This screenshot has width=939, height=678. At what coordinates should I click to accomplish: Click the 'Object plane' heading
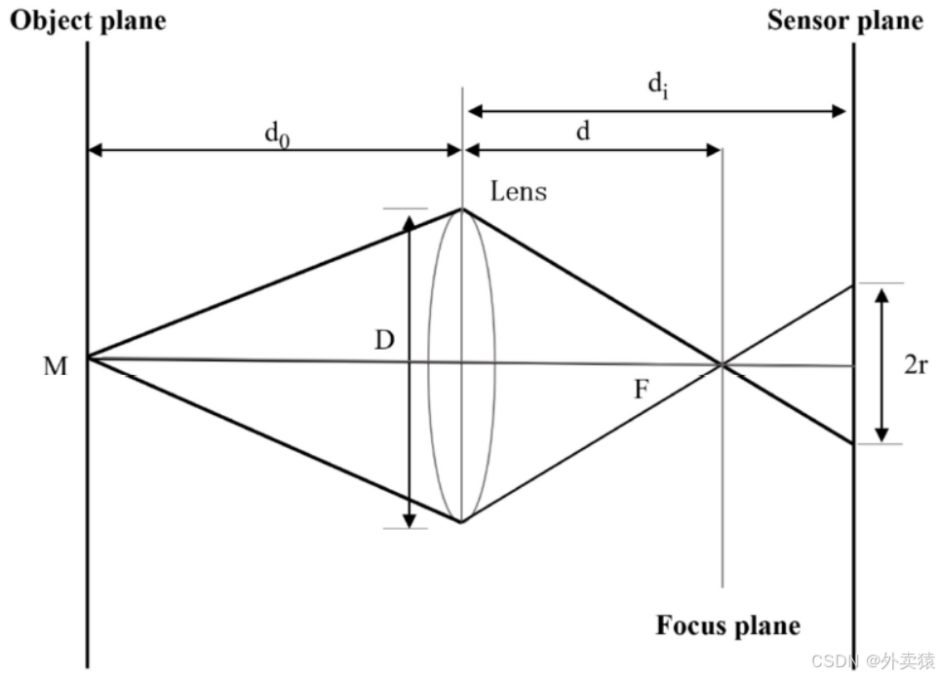88,20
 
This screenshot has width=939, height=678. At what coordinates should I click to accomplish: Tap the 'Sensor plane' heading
844,20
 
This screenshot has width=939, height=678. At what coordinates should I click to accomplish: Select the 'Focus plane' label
727,624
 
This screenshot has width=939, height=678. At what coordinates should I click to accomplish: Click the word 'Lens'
518,191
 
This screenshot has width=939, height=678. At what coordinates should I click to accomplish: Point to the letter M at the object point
56,367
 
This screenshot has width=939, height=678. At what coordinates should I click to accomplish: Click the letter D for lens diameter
385,341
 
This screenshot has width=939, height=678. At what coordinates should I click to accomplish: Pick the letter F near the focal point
641,391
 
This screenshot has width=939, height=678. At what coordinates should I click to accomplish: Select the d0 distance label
278,134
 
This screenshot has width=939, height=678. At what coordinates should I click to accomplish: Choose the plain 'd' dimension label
582,132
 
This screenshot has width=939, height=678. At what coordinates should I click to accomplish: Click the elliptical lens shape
461,365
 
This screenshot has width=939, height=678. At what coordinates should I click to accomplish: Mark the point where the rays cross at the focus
722,365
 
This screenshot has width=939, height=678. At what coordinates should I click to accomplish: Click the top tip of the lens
461,208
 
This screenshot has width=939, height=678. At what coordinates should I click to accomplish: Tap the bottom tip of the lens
461,522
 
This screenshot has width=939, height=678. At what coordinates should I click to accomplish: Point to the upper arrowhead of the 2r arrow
881,292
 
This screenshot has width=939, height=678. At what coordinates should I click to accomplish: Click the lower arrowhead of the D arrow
409,520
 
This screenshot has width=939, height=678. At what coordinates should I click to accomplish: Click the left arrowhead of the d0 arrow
96,151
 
